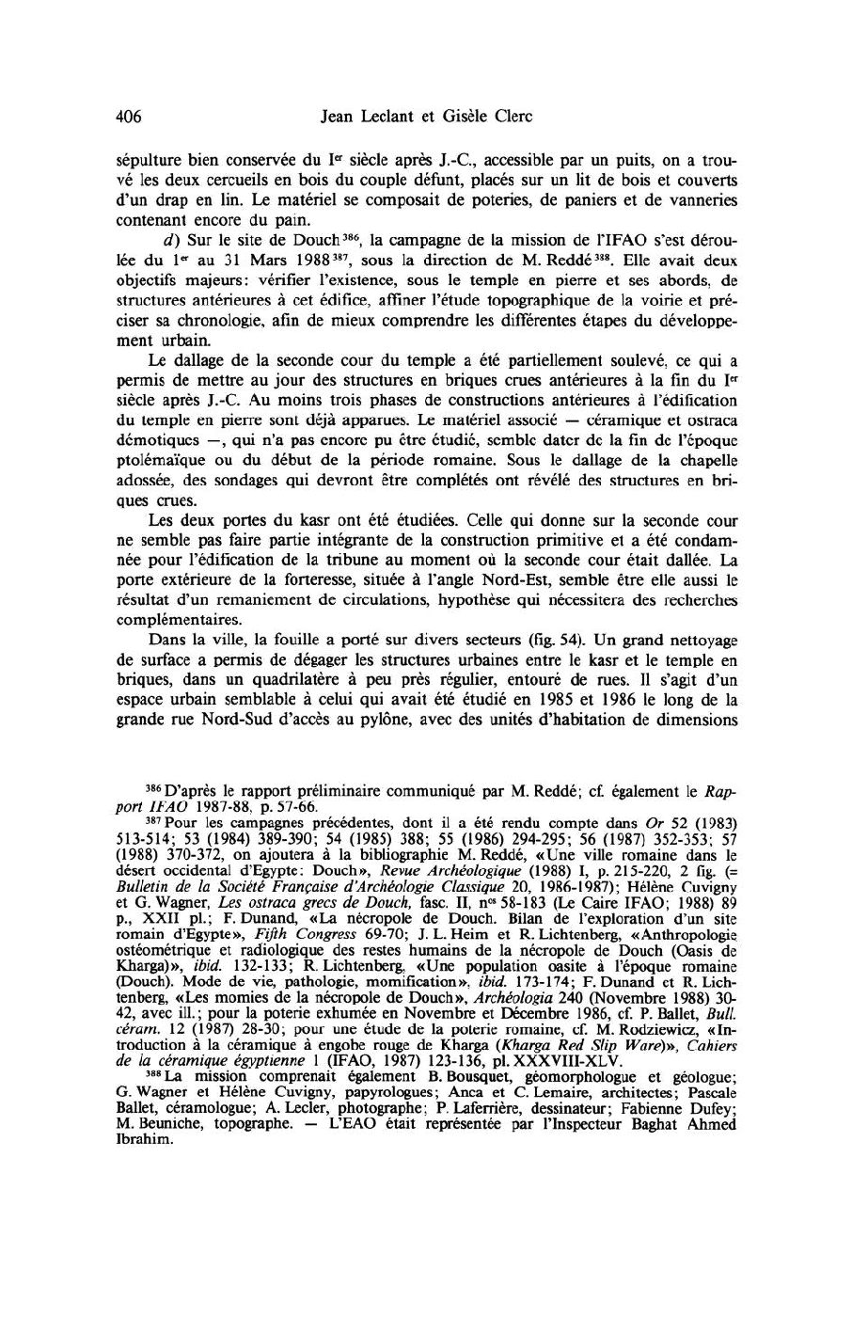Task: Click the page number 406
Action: (x=128, y=117)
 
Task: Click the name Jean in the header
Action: (x=339, y=117)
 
